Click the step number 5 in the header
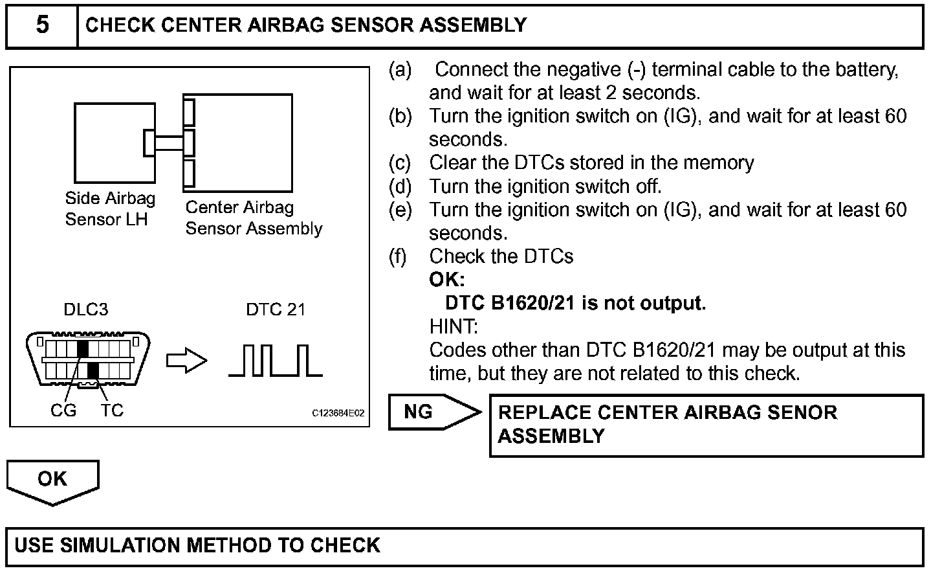tap(42, 26)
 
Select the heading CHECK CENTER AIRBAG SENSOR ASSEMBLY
tap(306, 26)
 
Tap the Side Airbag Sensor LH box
tap(115, 142)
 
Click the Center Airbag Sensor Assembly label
tap(253, 218)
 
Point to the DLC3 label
tap(85, 310)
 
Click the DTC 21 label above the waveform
tap(275, 310)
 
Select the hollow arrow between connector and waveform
tap(186, 361)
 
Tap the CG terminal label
tap(63, 411)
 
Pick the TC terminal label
tap(112, 411)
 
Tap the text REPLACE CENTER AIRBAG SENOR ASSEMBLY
tap(667, 424)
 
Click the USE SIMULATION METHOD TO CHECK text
tap(197, 545)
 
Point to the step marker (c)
tap(400, 163)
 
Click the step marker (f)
tap(398, 256)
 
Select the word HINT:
tap(453, 326)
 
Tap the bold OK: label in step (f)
tap(446, 280)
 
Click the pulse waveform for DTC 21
tap(276, 361)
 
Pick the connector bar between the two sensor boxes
tap(168, 142)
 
